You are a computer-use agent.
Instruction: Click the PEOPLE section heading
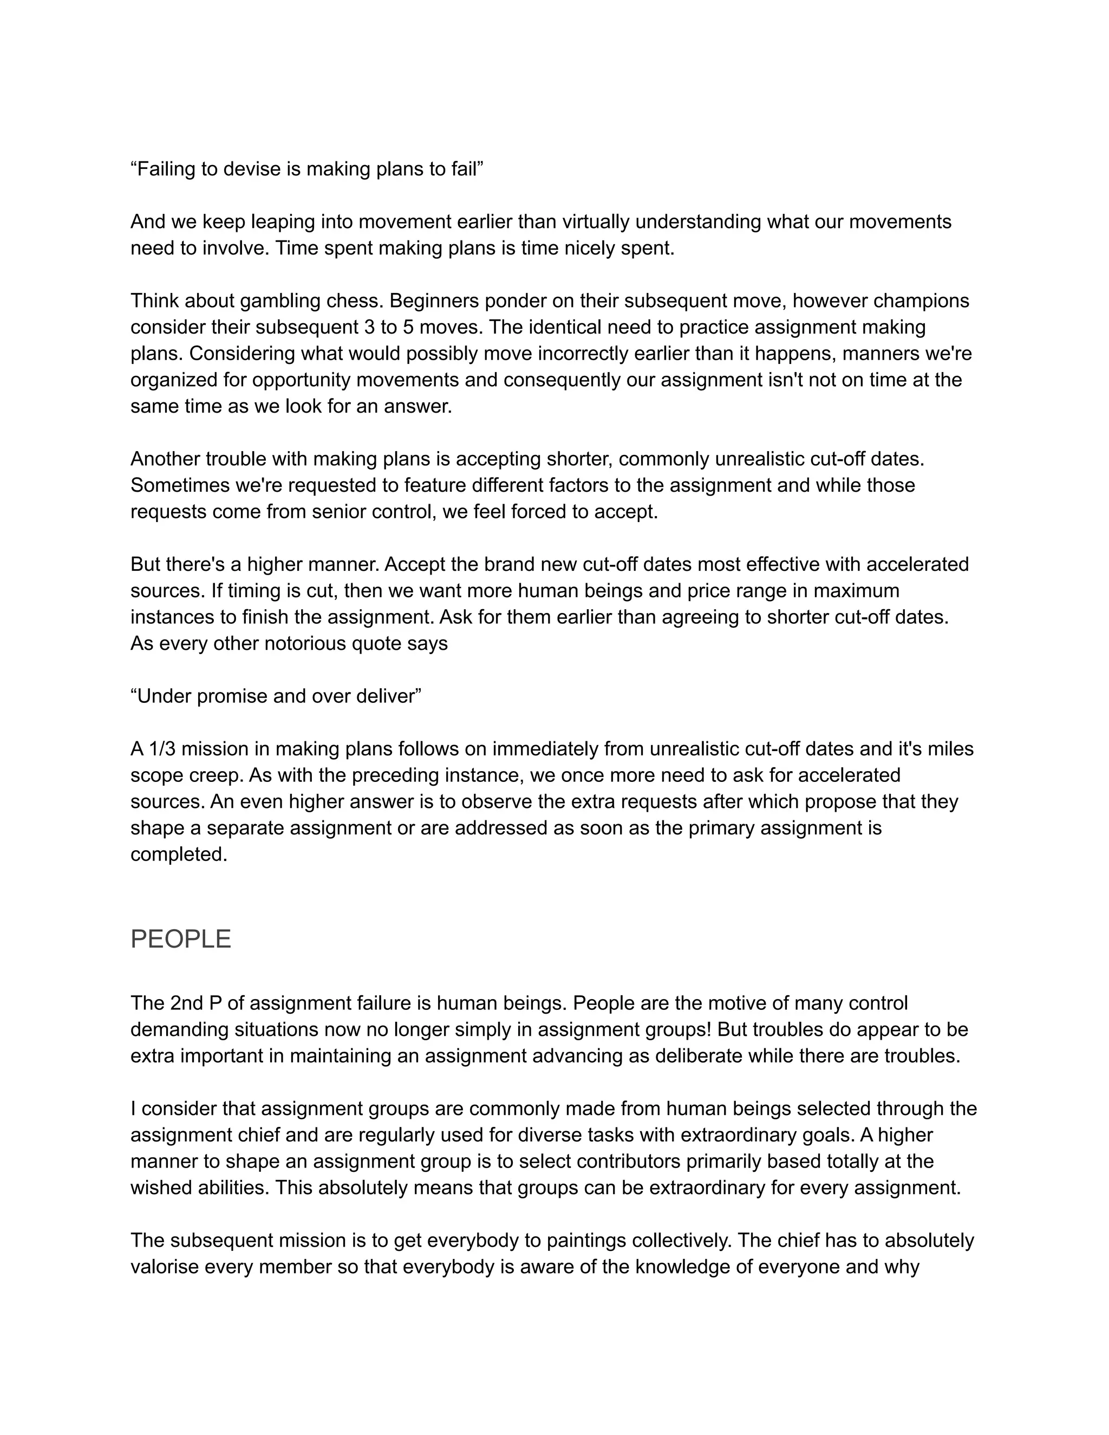point(181,939)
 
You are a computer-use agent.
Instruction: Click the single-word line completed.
point(179,854)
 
